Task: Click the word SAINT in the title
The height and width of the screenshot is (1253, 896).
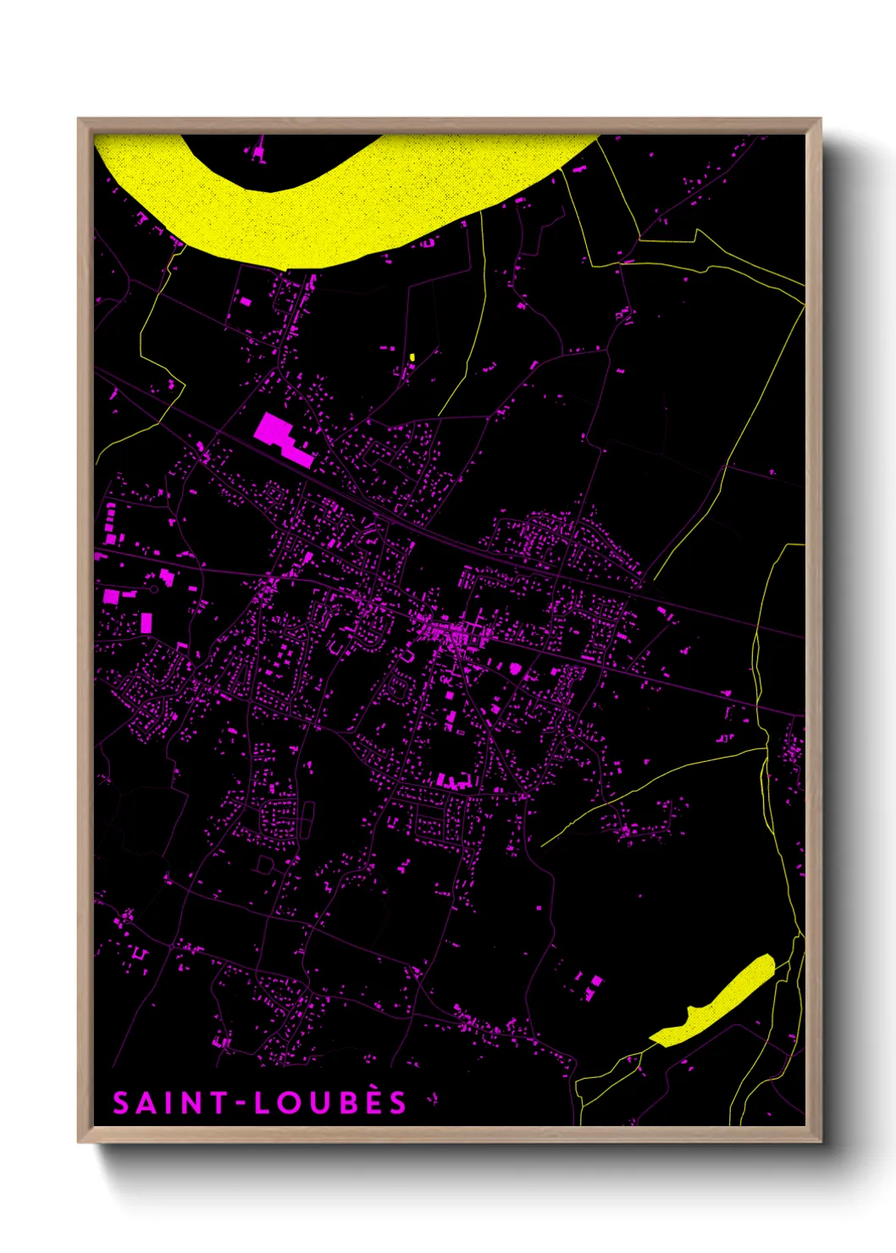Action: (x=170, y=1103)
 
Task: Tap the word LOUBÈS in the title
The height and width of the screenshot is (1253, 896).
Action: (x=331, y=1102)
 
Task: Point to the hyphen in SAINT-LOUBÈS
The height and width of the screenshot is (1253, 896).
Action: (x=241, y=1103)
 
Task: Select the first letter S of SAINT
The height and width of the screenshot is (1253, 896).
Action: (x=121, y=1103)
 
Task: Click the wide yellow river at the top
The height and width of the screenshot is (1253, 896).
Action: (x=339, y=212)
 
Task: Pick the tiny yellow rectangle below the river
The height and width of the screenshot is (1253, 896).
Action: (x=412, y=357)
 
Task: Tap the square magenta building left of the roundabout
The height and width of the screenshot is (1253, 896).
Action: (x=111, y=595)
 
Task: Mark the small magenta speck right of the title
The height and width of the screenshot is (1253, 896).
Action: (x=434, y=1100)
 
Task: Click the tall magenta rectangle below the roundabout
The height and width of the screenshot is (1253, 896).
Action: (x=146, y=623)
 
